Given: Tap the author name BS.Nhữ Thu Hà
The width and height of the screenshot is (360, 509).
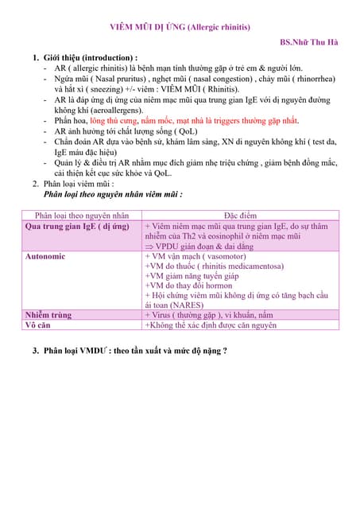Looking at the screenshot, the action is (309, 42).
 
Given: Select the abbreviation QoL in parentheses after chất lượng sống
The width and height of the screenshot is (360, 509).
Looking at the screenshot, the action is (186, 131).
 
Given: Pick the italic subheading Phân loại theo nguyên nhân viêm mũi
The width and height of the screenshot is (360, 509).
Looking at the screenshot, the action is (113, 194).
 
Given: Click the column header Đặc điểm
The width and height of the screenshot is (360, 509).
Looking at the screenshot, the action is (241, 216).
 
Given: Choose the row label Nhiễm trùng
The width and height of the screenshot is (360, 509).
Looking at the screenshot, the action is (48, 315).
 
